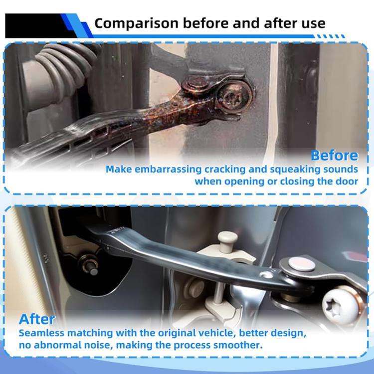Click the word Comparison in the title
click(137, 23)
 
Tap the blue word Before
click(335, 156)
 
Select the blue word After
click(37, 319)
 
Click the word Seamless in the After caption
click(41, 333)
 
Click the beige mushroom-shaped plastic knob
click(227, 241)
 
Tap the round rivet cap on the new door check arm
click(302, 264)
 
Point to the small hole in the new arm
click(266, 275)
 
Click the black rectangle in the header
click(36, 26)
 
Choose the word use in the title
click(314, 23)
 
